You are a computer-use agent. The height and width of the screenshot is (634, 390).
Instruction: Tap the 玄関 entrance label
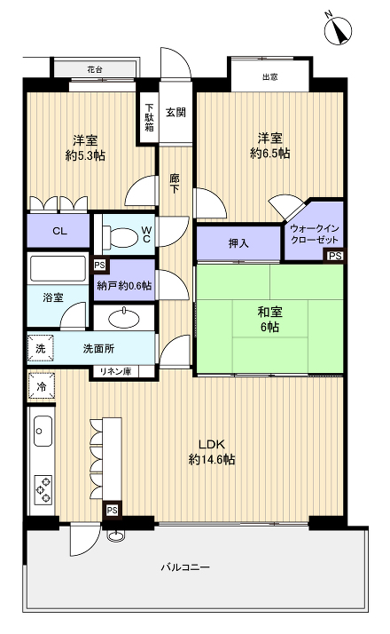coord(175,112)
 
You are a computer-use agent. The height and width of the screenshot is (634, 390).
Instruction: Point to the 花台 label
coord(95,69)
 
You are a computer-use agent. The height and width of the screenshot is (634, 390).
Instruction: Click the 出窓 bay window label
coord(269,77)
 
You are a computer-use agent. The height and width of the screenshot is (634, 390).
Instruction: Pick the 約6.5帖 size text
coord(269,153)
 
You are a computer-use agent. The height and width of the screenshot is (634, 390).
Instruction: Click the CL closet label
coord(58,232)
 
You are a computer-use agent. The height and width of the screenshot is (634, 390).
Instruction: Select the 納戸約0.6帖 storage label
coord(123,286)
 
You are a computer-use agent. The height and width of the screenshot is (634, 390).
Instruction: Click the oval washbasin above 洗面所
coord(124,317)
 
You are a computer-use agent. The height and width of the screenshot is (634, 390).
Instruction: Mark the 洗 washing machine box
coord(40,348)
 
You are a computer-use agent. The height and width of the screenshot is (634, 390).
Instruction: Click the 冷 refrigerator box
coord(42,387)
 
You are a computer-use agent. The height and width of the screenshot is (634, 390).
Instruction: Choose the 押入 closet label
coord(238,242)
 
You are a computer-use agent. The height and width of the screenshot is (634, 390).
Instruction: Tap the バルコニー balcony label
coord(185,567)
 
